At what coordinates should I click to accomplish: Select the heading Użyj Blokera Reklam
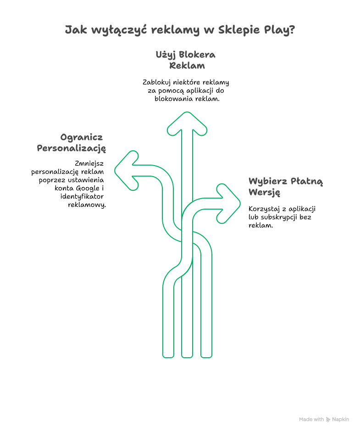click(186, 60)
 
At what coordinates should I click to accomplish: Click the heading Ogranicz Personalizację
click(72, 143)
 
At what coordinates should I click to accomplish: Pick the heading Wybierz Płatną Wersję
click(286, 186)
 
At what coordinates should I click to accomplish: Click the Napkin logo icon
click(328, 419)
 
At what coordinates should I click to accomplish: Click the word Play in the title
click(274, 30)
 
